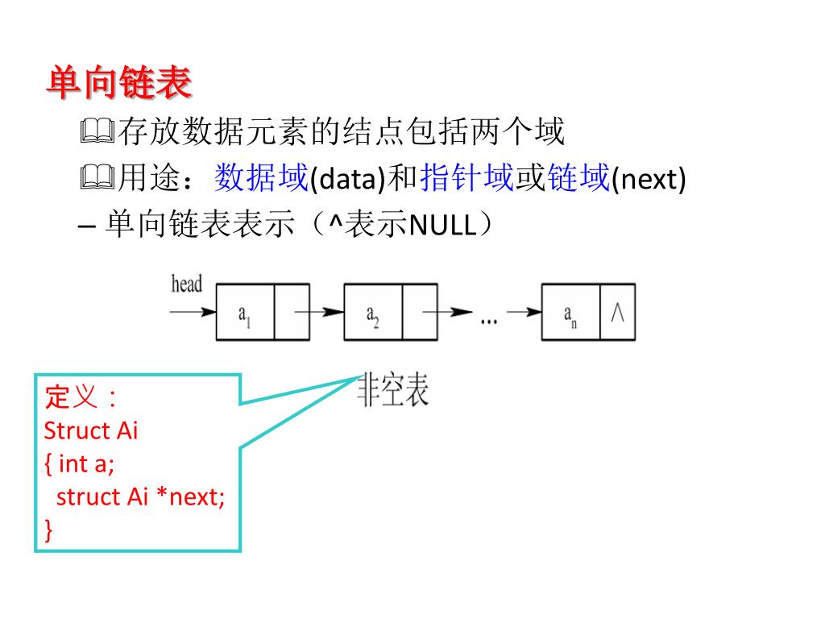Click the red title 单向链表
118,83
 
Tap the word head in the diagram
187,284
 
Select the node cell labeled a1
245,313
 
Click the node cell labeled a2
373,313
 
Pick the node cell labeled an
570,313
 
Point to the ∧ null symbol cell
618,312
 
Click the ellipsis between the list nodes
488,319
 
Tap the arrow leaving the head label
193,312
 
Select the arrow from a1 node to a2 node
318,312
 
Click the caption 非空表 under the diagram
393,391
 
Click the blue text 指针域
466,178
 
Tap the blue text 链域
578,178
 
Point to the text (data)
348,180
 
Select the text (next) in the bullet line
649,180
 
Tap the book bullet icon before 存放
98,131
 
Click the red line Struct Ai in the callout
91,430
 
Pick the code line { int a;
80,463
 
